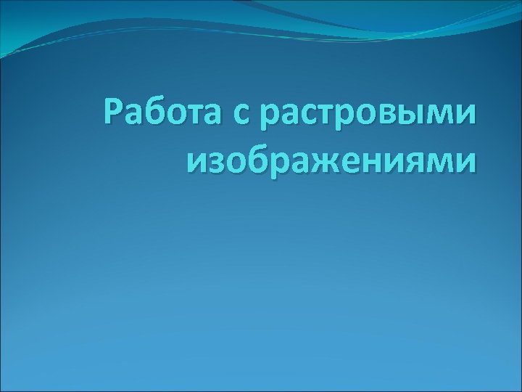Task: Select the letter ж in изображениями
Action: [307, 159]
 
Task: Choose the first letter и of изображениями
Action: [196, 159]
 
